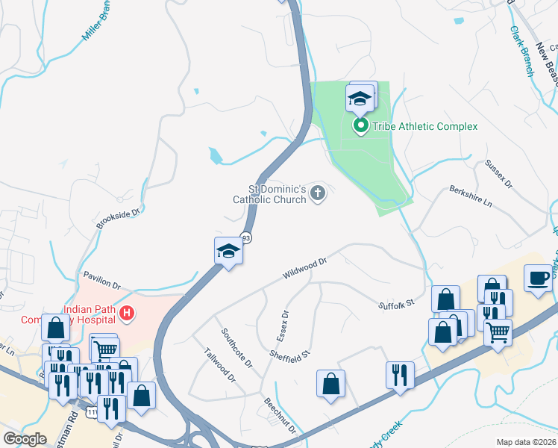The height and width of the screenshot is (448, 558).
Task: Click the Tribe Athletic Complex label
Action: tap(426, 126)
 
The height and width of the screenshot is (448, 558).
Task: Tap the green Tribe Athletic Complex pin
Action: tap(360, 125)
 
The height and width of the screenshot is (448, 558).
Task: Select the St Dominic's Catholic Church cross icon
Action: tap(318, 194)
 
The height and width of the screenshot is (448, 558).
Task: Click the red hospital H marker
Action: tap(127, 313)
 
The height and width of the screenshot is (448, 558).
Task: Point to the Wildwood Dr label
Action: tap(305, 269)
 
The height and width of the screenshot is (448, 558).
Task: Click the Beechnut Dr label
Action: tap(280, 415)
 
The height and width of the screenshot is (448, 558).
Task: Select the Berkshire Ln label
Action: tap(471, 197)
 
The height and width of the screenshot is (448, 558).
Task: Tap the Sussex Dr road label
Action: tap(499, 173)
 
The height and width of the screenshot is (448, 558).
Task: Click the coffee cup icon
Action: tap(538, 279)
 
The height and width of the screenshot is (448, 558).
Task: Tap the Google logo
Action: tap(25, 439)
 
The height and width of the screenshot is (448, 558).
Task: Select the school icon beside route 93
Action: tap(228, 252)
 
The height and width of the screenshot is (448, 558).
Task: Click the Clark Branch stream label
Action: tap(521, 52)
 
